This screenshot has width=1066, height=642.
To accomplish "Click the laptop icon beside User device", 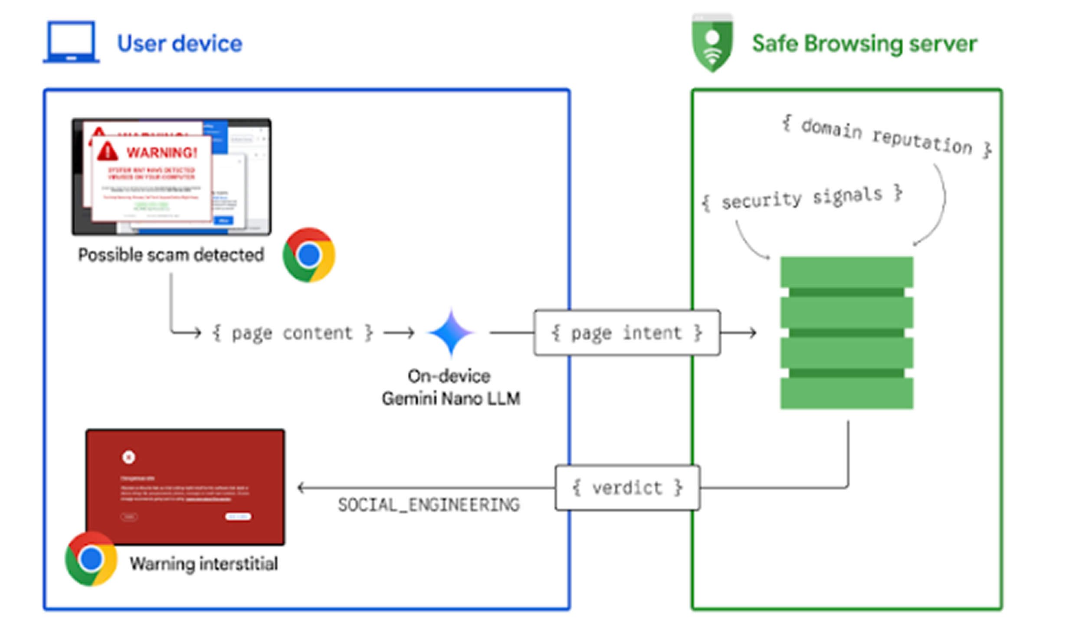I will (71, 42).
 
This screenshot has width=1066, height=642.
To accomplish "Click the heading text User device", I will (180, 44).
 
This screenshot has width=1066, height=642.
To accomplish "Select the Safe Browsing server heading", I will (864, 44).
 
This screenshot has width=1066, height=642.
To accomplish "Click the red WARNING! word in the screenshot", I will (162, 153).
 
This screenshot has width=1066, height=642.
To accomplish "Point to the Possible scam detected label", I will (171, 255).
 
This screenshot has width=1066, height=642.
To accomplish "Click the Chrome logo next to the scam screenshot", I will (309, 255).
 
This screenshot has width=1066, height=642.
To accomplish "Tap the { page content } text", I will (292, 333).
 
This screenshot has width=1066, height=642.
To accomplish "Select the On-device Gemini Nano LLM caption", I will (450, 387).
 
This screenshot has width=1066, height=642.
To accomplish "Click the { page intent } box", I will (627, 333).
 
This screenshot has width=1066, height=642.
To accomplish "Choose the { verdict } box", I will (627, 488).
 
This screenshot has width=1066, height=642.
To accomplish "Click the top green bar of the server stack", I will (846, 272).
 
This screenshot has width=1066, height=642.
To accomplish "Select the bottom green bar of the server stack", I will (846, 393).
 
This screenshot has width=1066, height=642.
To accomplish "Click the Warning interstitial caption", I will (204, 564).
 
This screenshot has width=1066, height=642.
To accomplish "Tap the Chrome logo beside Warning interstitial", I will (91, 559).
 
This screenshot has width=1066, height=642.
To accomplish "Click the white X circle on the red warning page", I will (128, 457).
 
